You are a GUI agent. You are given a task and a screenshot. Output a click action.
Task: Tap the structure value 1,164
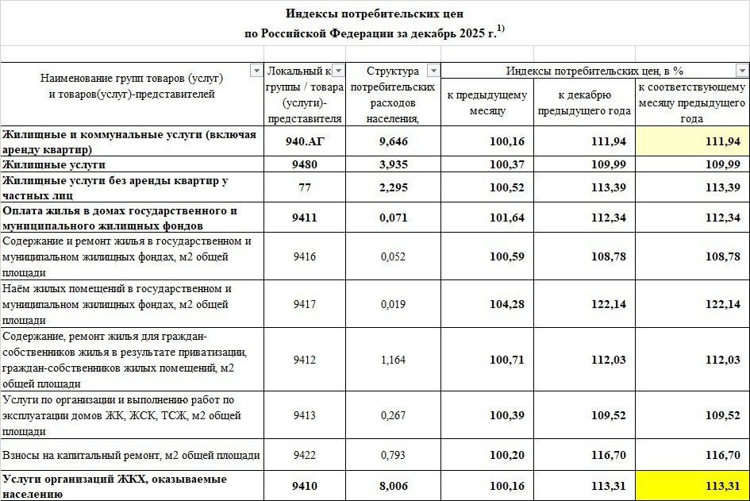393,360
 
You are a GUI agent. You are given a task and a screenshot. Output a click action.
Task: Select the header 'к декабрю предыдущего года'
584,103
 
